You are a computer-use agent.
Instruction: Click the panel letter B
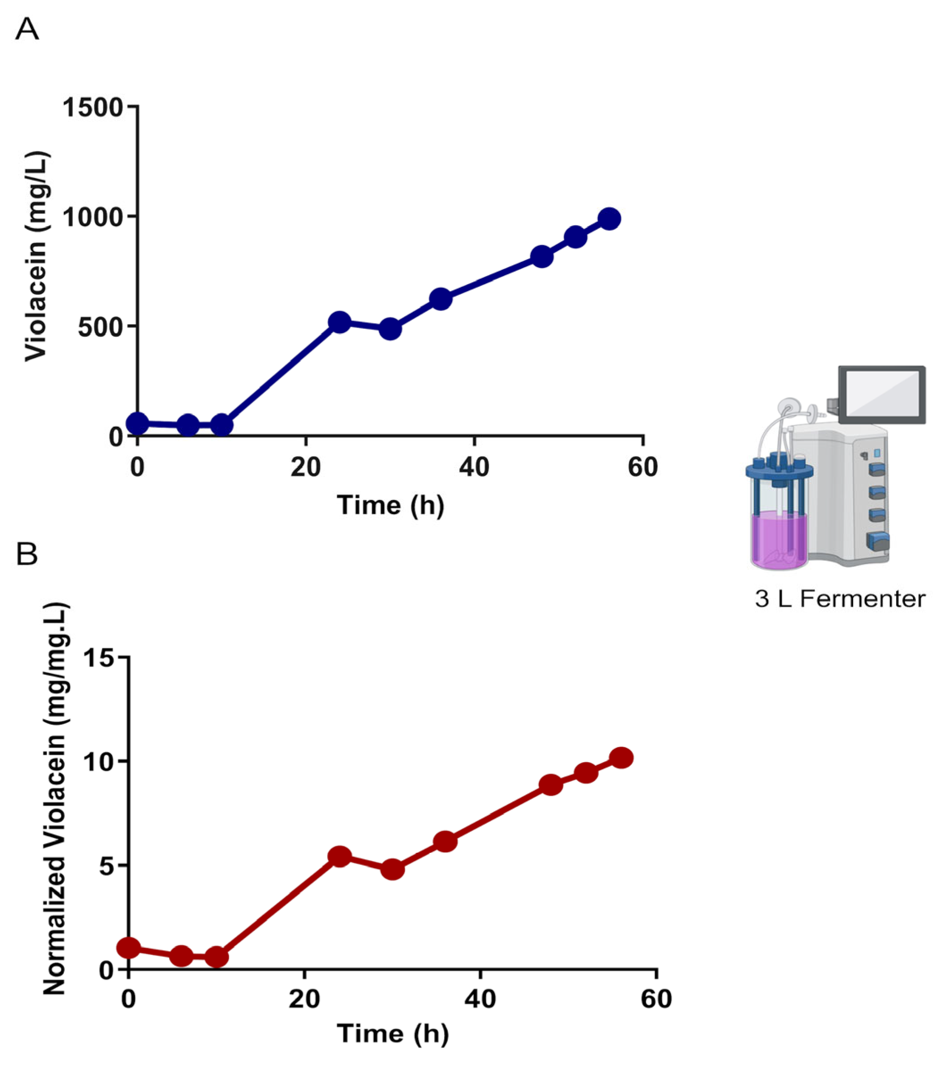point(27,554)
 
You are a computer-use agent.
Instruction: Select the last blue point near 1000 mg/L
point(609,218)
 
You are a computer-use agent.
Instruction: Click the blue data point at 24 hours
point(340,322)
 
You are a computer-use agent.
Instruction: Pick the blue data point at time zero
point(138,424)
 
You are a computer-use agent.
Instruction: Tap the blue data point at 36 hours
point(440,299)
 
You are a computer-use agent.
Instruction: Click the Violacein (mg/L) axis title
point(37,256)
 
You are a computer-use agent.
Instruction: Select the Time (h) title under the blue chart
point(390,505)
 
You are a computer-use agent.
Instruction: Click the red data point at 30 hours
point(393,869)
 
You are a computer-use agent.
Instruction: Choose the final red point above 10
point(621,757)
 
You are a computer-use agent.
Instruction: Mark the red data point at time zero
point(129,947)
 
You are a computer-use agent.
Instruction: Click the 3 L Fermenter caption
point(839,599)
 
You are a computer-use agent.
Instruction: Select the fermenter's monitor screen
point(882,394)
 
